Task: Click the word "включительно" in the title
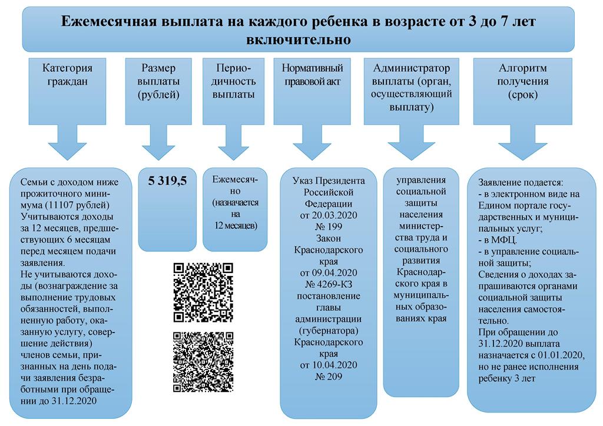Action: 299,39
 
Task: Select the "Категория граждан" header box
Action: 67,91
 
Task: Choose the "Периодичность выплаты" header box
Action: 233,91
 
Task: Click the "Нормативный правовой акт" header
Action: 312,91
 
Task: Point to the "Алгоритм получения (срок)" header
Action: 523,91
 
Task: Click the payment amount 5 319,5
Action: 167,181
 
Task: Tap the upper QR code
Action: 203,292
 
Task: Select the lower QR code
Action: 203,362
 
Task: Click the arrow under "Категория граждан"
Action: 67,142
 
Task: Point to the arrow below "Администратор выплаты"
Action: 412,142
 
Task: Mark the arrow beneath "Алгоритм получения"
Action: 523,142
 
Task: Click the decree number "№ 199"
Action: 329,227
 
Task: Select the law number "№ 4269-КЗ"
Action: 329,284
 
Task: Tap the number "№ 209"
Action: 329,377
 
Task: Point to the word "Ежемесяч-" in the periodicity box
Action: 235,179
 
